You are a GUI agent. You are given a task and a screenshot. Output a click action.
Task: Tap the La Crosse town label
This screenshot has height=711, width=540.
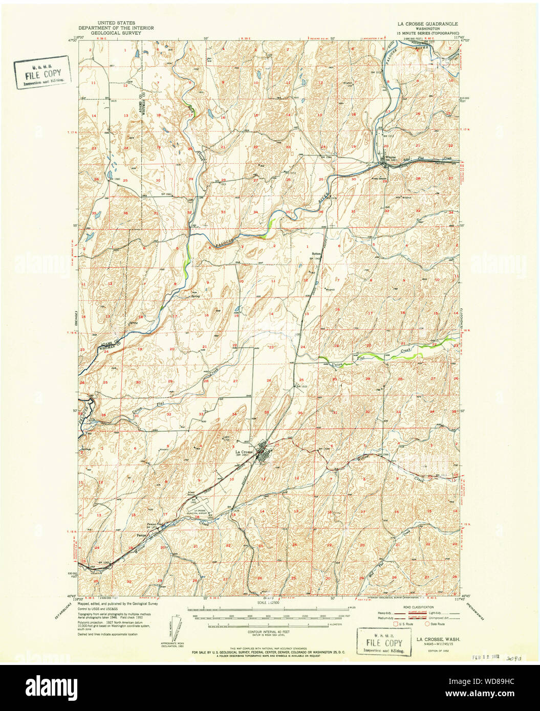coord(244,452)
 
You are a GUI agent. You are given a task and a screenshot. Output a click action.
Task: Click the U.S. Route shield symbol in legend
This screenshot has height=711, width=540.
coord(395,624)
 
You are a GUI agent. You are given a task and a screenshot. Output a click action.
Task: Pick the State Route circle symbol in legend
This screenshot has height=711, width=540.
coord(427,624)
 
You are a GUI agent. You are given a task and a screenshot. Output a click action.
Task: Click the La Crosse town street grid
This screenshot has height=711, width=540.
coord(262,453)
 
